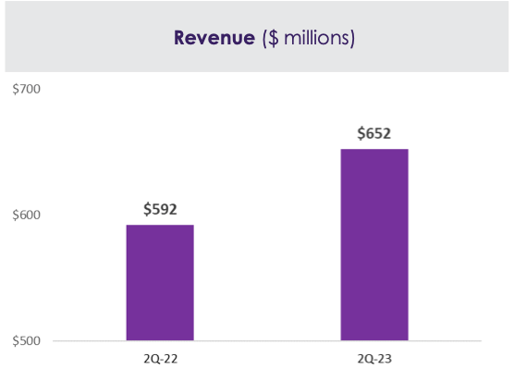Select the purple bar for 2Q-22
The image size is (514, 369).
[160, 282]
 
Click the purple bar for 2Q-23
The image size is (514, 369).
[374, 245]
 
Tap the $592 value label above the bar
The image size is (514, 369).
[160, 209]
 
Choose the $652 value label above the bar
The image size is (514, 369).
[374, 133]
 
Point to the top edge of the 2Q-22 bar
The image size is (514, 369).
[160, 226]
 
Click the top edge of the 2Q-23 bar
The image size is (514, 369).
[374, 150]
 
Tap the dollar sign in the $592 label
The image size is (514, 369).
[148, 209]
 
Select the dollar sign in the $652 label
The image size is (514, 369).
[362, 133]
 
